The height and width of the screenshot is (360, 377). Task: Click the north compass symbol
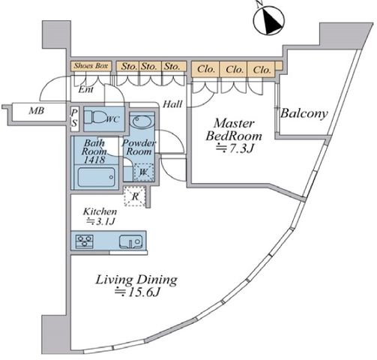point(269,19)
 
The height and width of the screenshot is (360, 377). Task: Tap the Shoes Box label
point(91,66)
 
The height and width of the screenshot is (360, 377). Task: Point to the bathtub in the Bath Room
point(97,177)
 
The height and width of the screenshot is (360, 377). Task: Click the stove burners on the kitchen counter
point(85,241)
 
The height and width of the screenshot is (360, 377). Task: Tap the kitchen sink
point(130,241)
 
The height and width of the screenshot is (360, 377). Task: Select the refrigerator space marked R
point(135,196)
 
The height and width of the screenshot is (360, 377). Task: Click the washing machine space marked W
point(143,172)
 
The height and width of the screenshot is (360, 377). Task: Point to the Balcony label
point(304,113)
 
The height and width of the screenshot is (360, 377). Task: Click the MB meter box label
point(37,110)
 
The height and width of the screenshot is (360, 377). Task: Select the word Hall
point(172,104)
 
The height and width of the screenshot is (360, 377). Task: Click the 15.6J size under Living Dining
point(137,292)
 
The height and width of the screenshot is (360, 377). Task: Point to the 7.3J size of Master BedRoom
point(235,148)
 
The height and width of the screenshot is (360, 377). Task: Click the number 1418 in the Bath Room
point(94,160)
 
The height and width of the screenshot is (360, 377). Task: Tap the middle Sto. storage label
point(149,67)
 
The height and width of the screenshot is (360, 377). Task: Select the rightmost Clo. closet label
point(262,70)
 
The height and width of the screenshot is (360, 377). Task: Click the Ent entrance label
point(86,89)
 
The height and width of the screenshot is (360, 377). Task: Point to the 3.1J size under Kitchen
point(100,221)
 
